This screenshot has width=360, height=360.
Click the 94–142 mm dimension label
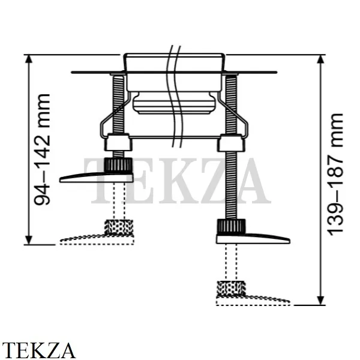coord(42,149)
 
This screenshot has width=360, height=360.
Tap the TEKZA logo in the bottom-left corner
coord(38,350)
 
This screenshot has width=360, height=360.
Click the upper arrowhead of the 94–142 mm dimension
coord(28,59)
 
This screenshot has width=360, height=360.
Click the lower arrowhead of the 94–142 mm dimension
coord(28,240)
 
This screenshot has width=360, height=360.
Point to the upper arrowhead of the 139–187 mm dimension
coord(320,59)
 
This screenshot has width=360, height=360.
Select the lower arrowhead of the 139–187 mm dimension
coord(320,301)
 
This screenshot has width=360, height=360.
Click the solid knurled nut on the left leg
coord(118,166)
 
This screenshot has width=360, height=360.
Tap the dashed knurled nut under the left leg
coord(119,227)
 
